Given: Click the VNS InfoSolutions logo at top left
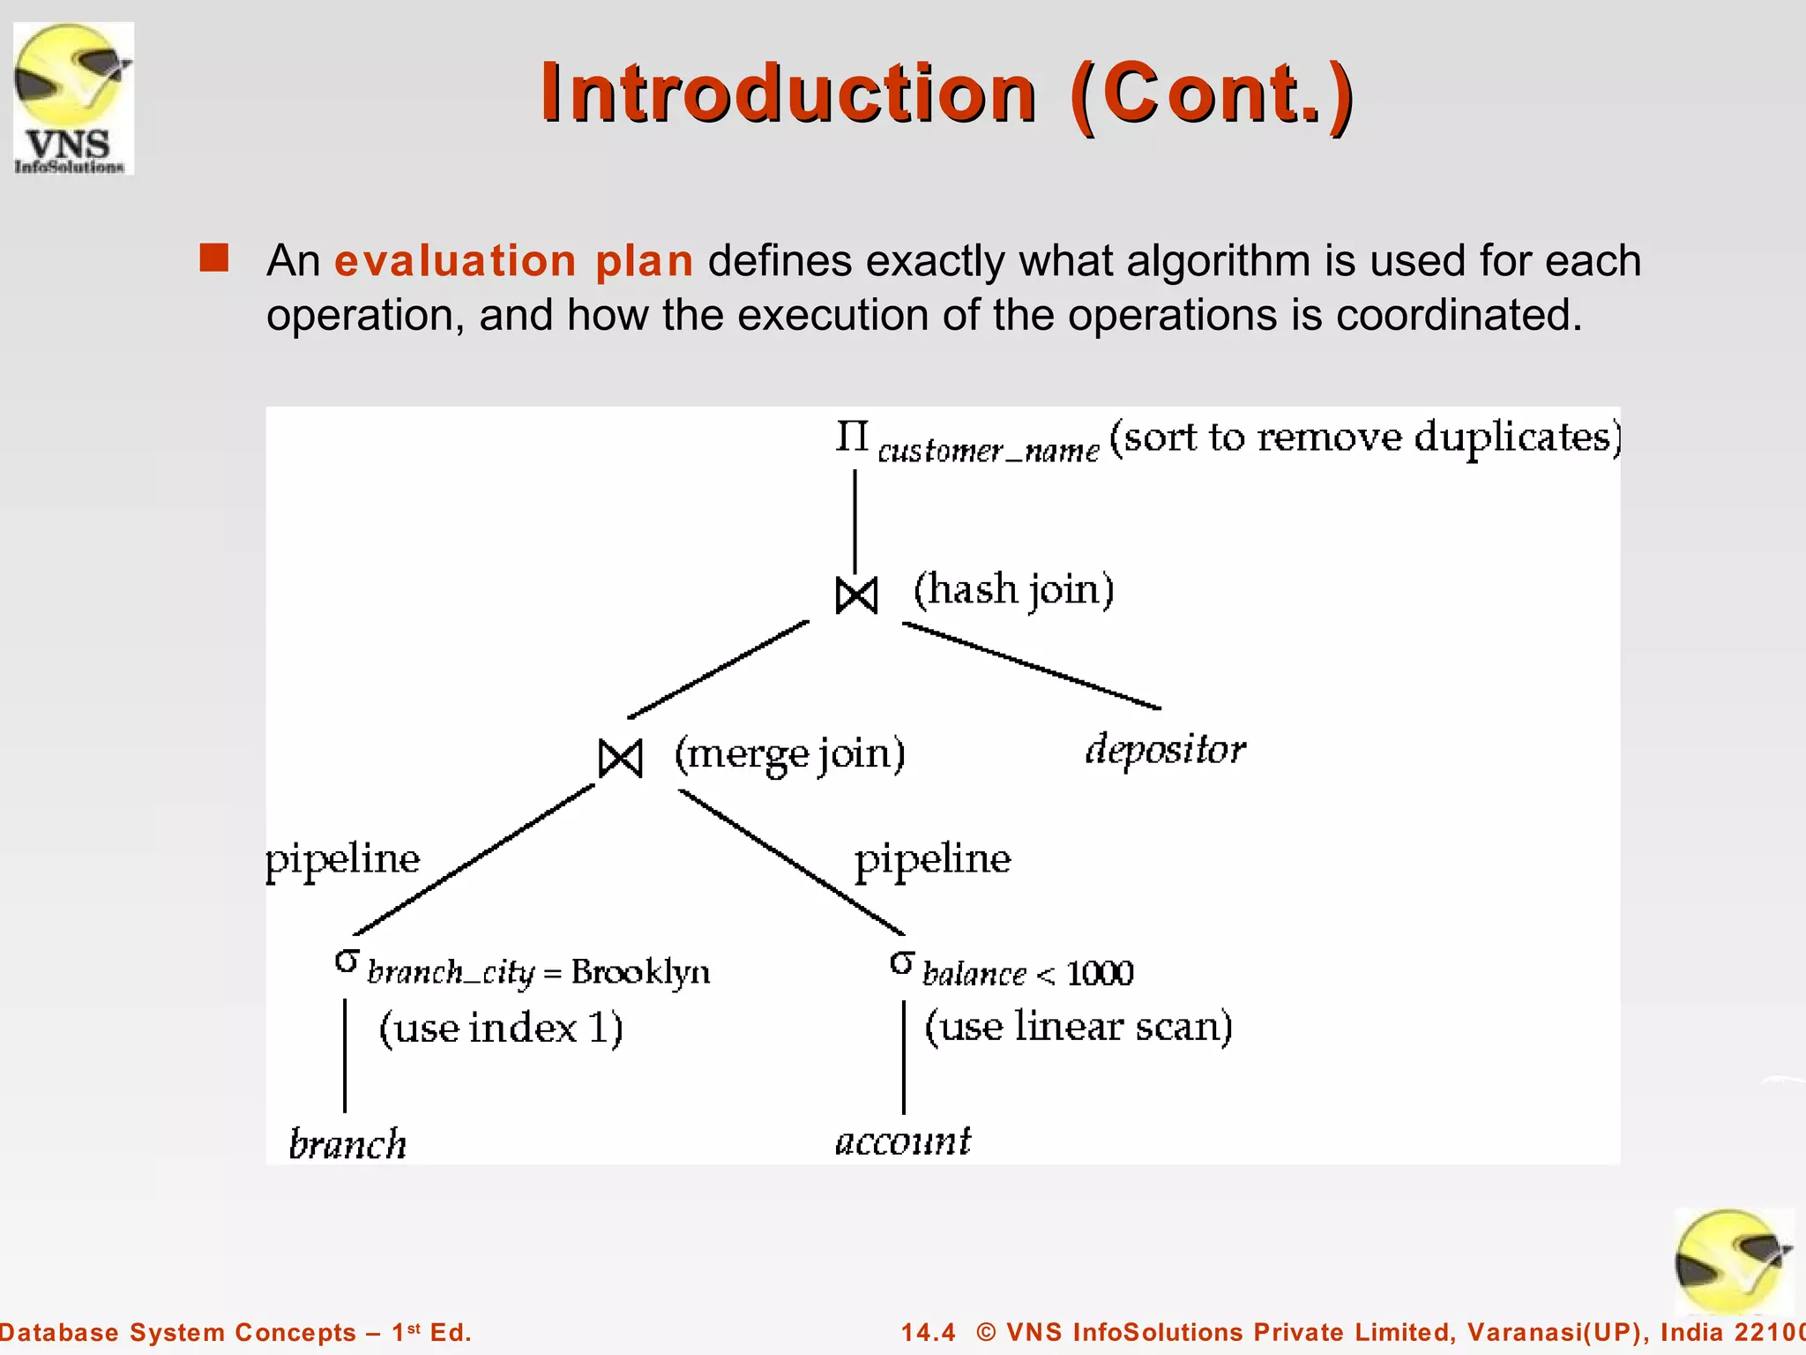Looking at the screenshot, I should point(73,99).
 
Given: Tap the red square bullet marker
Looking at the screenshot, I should point(214,258).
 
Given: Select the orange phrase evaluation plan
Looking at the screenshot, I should point(513,261).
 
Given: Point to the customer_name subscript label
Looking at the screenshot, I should point(989,452).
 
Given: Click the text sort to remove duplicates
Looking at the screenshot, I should point(1364,438).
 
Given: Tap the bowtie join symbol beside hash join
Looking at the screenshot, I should point(856,595).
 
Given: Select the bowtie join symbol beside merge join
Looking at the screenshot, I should point(620,759).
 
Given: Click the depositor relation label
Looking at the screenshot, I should point(1165,751).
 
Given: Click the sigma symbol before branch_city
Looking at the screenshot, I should point(347,961).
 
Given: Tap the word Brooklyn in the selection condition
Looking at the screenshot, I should point(640,972).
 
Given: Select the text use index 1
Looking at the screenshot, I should point(501,1029).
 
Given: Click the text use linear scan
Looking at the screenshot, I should point(1078,1027).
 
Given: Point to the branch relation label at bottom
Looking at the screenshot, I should point(347,1144).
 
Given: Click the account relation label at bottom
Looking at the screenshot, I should point(902,1142).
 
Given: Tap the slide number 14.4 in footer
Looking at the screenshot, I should point(928,1332).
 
